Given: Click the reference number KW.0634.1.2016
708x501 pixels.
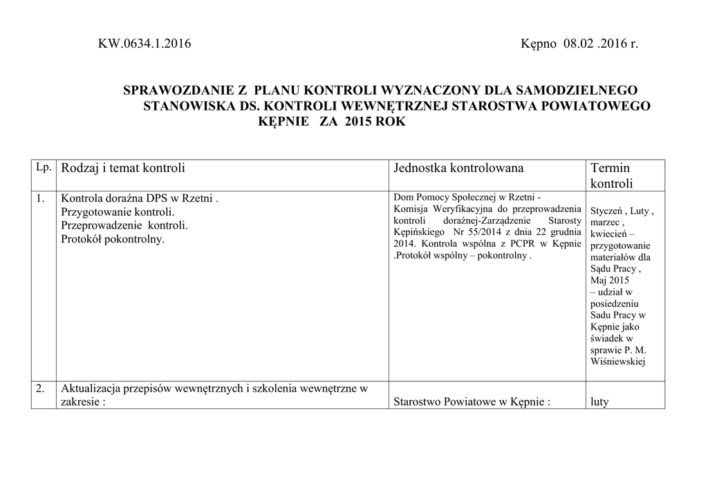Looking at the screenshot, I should [x=145, y=45].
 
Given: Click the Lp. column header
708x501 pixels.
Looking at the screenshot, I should [x=43, y=168].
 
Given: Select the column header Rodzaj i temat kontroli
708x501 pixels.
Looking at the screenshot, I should [x=123, y=168].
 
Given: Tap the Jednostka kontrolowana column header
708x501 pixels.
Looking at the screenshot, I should [x=458, y=168].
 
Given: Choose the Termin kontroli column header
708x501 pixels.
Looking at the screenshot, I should [x=611, y=176].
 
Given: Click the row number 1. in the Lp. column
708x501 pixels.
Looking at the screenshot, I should [x=41, y=199].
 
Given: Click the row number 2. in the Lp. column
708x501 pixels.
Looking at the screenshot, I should [x=41, y=389].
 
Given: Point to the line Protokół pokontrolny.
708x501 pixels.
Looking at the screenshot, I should [x=113, y=239].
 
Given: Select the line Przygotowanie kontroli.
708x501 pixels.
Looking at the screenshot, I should [x=118, y=212].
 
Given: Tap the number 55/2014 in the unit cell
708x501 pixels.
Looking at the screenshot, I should [x=472, y=232].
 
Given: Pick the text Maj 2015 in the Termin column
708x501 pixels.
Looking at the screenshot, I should [x=610, y=281].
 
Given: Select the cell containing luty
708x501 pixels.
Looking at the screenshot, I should [x=599, y=401].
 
